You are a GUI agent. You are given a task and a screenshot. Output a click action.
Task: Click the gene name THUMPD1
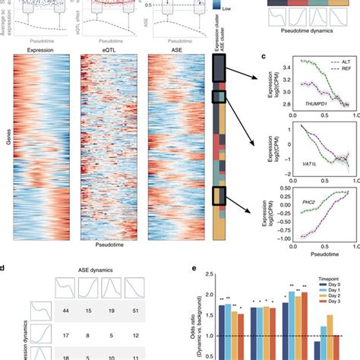pos(295,104)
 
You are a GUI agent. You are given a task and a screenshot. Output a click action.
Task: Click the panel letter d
pos(5,267)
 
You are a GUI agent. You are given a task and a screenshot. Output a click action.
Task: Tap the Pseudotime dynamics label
pos(304,33)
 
